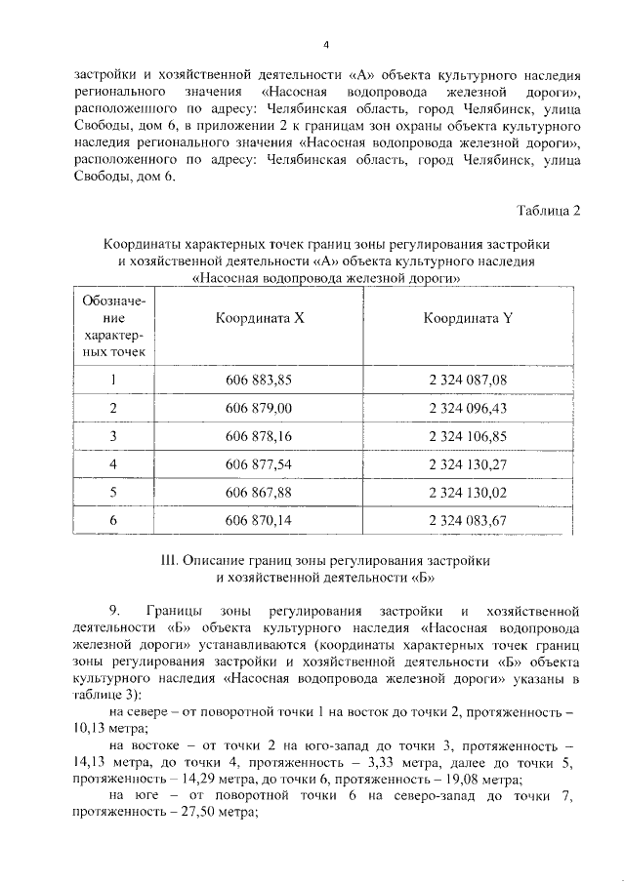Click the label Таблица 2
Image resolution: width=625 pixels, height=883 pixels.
tap(548, 215)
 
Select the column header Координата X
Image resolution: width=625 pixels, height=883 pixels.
tap(259, 318)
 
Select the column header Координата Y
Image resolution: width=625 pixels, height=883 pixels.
tap(468, 318)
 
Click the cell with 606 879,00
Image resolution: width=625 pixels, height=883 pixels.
tap(259, 409)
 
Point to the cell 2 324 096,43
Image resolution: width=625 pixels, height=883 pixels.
tap(468, 409)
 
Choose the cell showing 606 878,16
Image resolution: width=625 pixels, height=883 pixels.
tap(259, 437)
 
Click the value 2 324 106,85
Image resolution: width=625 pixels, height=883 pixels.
tap(468, 437)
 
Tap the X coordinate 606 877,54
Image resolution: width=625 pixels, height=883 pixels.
tap(259, 465)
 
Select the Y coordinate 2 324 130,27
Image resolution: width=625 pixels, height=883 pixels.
tap(468, 465)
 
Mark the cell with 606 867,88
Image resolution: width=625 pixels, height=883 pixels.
tap(259, 494)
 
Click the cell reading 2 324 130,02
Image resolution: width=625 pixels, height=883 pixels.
tap(468, 494)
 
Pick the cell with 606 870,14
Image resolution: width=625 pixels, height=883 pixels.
tap(259, 522)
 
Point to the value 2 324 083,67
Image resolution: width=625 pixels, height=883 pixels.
tap(468, 522)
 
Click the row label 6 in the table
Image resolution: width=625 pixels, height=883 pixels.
tap(113, 522)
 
